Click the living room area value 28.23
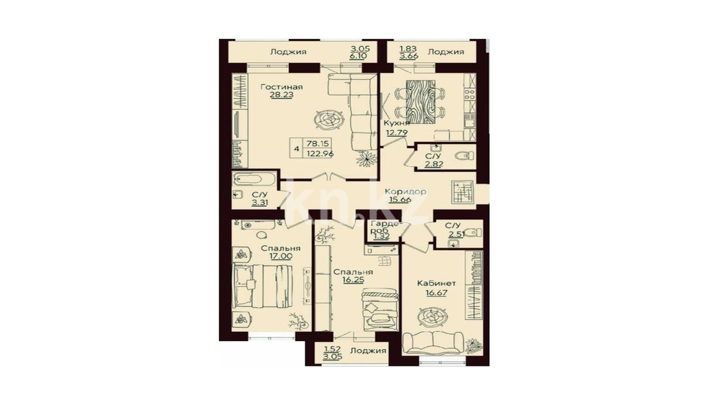point(282,95)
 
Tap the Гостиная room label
point(282,87)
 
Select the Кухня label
point(396,123)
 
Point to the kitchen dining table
point(421,102)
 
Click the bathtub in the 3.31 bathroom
point(254,179)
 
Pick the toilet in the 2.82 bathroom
point(464,156)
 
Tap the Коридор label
point(405,192)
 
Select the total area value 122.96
point(320,154)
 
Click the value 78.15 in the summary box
point(318,143)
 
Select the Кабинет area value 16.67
point(436,293)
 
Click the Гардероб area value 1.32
point(382,236)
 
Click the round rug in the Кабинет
point(433,317)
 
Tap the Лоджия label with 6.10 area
point(288,52)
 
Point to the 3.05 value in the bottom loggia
point(332,356)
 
